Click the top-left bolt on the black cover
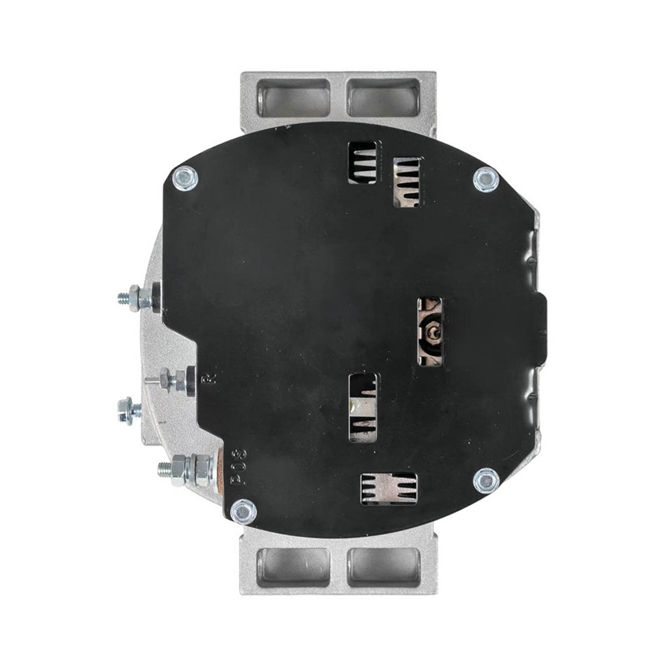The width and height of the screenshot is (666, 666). tap(185, 178)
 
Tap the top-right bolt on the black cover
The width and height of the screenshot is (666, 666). tap(486, 179)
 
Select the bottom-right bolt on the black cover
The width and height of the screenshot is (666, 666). tap(486, 480)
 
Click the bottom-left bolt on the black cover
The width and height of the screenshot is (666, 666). tap(243, 511)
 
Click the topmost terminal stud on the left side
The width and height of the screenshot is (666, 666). tap(139, 297)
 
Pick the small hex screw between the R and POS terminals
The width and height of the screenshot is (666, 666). tap(129, 410)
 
